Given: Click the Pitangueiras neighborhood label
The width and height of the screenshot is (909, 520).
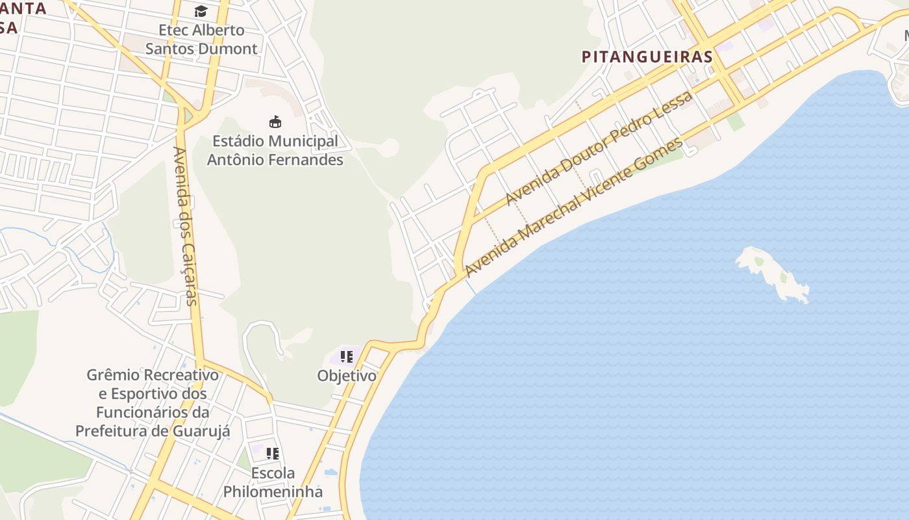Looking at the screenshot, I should pos(647,57).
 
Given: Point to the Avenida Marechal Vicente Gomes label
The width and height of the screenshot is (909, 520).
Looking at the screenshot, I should pos(575,206).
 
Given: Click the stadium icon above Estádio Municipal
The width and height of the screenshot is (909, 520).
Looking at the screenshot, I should pos(275,122).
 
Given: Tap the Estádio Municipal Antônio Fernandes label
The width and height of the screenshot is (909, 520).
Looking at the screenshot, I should pos(275,150).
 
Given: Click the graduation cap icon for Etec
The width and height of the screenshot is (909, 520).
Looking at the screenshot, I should pos(201,11).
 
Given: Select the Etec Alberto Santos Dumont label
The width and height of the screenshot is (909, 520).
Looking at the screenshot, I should pos(201,39).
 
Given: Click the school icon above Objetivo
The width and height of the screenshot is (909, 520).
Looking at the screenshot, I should pos(347,356).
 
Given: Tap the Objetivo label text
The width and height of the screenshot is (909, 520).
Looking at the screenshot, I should pos(347,376).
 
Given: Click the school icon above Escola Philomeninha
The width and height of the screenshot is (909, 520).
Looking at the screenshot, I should pos(273,454).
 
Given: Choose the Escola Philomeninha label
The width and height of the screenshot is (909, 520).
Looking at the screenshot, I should pos(273,482).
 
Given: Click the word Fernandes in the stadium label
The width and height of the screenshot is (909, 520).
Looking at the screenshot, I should pos(310,159).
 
